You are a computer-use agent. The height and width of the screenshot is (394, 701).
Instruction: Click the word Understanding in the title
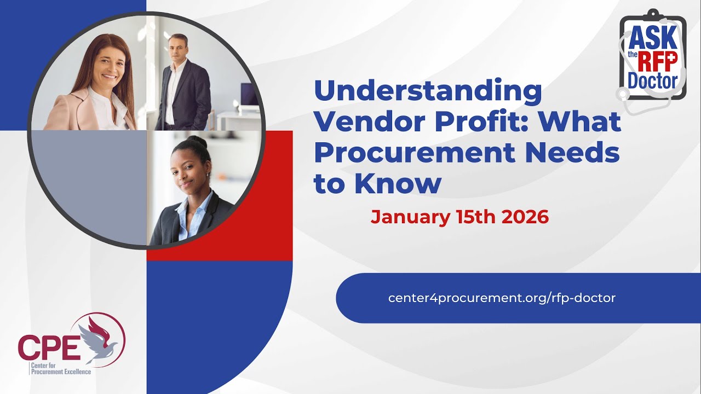click(x=428, y=92)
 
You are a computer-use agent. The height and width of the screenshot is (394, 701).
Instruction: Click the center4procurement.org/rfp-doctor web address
click(x=502, y=298)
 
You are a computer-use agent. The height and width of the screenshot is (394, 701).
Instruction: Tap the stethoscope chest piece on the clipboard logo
click(x=623, y=94)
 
